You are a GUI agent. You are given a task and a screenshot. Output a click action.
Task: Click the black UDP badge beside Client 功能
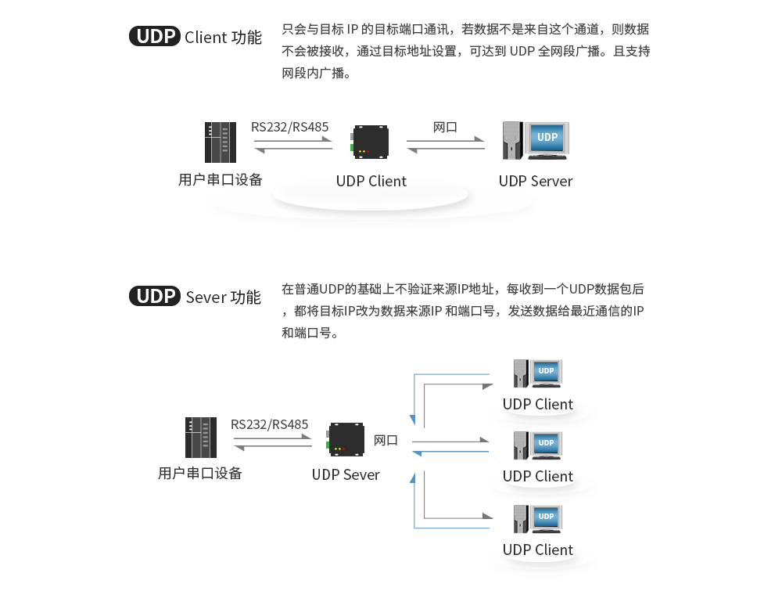(155, 37)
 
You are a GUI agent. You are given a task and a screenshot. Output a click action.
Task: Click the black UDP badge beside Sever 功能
(155, 297)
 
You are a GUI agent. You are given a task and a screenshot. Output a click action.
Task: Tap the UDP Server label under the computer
(536, 181)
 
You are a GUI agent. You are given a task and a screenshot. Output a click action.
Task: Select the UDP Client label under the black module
(371, 181)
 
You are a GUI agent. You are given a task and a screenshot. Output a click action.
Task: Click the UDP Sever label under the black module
(346, 474)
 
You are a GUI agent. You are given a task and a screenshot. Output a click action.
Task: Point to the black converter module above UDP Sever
(345, 438)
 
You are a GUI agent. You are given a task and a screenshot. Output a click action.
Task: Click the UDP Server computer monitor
(547, 138)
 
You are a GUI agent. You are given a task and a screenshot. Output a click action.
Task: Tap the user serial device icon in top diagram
(220, 142)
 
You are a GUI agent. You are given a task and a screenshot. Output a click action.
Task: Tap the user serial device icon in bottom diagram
(201, 438)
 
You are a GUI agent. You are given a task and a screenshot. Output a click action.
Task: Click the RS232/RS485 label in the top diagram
(289, 127)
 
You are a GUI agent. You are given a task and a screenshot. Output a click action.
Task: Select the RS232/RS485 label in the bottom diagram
(270, 424)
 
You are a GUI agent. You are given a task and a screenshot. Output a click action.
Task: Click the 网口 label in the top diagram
(445, 127)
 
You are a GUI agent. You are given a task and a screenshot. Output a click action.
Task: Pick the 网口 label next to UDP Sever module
(386, 440)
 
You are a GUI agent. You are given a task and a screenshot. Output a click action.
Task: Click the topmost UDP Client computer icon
(537, 373)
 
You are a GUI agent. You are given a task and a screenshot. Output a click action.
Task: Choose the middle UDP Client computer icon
(537, 445)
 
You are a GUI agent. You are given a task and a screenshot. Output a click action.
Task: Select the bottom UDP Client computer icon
(537, 519)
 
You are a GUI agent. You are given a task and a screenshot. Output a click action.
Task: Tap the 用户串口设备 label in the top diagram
(221, 180)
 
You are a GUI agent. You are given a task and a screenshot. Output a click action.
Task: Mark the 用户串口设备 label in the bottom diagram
(200, 474)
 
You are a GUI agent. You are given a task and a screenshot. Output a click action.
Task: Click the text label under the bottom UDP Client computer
(538, 550)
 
